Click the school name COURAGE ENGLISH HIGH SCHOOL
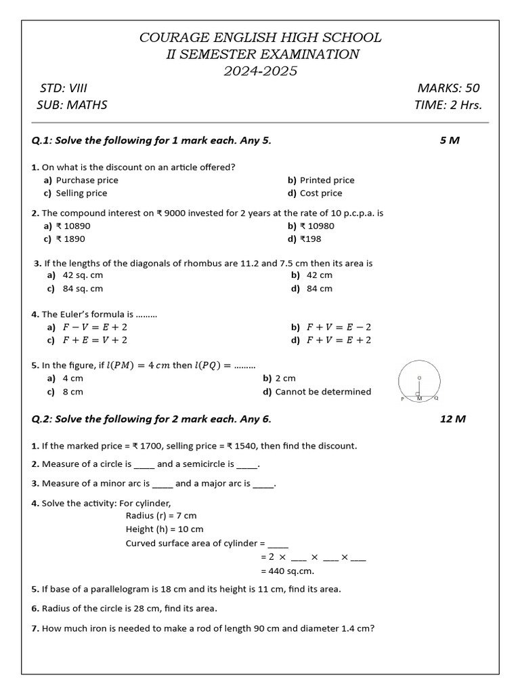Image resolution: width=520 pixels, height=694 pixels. point(260,37)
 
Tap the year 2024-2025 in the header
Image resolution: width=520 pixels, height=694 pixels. point(260,71)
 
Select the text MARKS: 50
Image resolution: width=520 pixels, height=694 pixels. point(448,88)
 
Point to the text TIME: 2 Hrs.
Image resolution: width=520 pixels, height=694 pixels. point(448,105)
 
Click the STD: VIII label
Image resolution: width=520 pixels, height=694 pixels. point(64,88)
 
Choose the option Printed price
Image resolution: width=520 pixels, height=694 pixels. point(326,180)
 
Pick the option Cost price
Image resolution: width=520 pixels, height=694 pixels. point(321,193)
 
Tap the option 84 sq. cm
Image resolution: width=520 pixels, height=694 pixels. point(83,289)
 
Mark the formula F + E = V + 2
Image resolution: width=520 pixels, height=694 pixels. point(95,340)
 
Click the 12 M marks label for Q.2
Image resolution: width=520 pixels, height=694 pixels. point(453,419)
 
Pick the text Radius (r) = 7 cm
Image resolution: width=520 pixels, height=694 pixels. point(161,516)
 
